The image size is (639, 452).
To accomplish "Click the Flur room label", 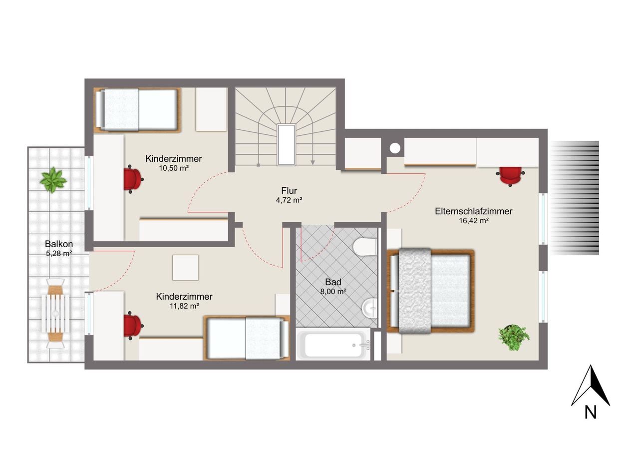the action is [289, 190].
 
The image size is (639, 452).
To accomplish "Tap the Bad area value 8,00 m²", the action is [333, 292].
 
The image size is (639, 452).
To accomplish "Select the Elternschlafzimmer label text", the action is [474, 211].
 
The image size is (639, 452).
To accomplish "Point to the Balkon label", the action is [59, 244].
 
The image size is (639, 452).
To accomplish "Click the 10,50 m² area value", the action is [174, 168].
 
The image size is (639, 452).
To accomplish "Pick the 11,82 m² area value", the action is [184, 306].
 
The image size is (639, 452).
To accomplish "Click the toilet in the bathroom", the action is [364, 247].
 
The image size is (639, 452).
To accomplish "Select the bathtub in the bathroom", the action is [333, 344].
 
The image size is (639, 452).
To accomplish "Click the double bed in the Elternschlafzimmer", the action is [430, 291].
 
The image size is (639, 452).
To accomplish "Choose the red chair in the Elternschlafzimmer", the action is [510, 176].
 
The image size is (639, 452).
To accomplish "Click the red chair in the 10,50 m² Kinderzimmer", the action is [133, 179].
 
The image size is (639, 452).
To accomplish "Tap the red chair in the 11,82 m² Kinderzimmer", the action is [133, 326].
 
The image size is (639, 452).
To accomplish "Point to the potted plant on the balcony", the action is [53, 180].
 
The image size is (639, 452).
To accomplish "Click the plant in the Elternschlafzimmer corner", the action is [514, 337].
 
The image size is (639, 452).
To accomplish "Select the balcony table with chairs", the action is [55, 313].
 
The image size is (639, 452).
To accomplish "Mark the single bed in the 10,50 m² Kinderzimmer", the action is [137, 110].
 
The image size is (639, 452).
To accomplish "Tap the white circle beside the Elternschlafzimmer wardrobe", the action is [395, 148].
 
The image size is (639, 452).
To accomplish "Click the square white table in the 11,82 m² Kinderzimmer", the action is [185, 268].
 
